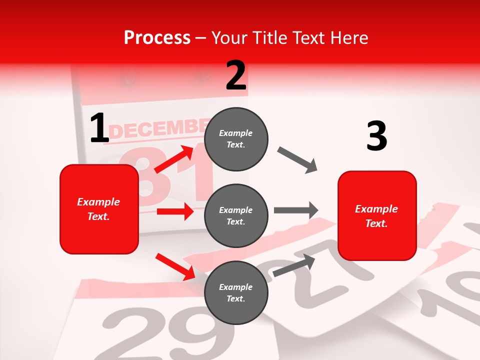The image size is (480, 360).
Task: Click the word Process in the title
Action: tap(157, 38)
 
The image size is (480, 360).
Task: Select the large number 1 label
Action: tap(99, 128)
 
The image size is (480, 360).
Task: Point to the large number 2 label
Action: tap(236, 75)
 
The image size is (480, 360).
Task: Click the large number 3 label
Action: tap(376, 136)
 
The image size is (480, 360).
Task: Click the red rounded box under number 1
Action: tap(99, 209)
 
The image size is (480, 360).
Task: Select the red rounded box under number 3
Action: tap(377, 215)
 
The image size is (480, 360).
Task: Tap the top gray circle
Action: tap(236, 139)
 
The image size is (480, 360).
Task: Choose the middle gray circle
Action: tap(236, 215)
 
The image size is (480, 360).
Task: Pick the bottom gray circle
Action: tap(236, 292)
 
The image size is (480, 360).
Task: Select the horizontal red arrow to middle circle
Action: tap(175, 211)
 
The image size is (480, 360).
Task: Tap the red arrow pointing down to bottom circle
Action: tap(175, 266)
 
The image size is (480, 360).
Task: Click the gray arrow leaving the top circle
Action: tap(297, 160)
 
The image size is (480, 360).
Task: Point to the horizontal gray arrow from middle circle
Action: tap(295, 210)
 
